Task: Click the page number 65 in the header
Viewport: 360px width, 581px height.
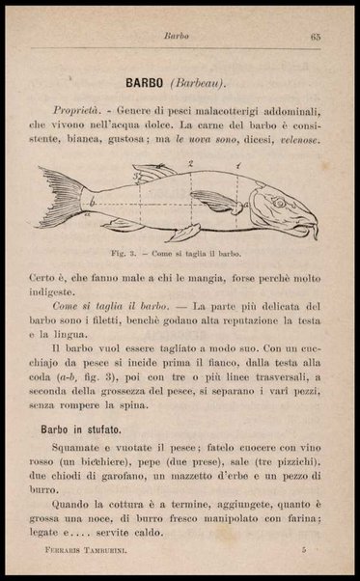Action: click(x=315, y=37)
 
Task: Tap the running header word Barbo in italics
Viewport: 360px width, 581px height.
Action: click(x=176, y=37)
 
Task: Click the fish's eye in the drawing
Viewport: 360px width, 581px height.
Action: click(x=278, y=203)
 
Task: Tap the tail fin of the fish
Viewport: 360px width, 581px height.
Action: click(x=60, y=197)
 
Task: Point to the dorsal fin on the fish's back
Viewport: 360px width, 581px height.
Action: click(x=154, y=174)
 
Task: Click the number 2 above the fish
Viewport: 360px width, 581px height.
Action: click(x=191, y=165)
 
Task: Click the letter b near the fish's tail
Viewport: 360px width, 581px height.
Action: click(x=92, y=205)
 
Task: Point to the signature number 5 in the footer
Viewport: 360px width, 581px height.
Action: click(x=303, y=548)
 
